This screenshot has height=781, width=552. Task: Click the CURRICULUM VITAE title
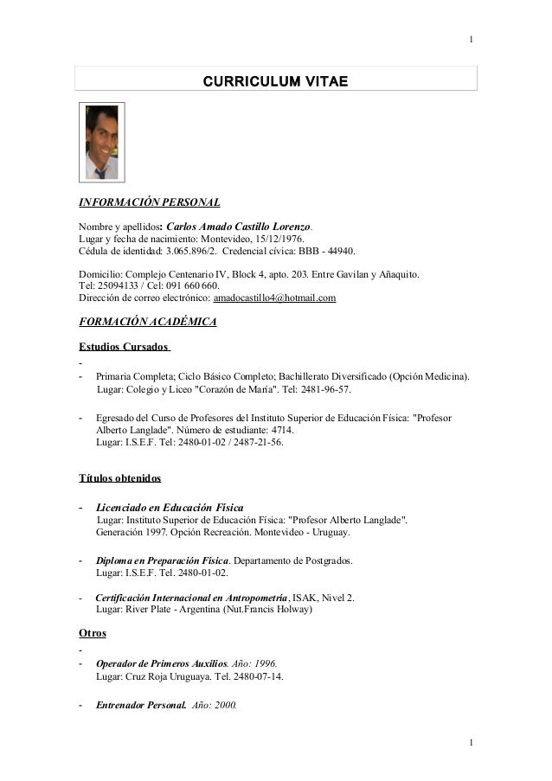(275, 81)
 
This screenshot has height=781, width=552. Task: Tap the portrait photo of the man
(102, 142)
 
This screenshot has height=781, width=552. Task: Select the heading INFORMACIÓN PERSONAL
(149, 202)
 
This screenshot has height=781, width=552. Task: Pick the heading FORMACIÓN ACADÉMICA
(148, 323)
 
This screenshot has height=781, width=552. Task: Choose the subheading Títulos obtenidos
(119, 477)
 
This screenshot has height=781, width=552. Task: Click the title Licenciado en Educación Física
(170, 507)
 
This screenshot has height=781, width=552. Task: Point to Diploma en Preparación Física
(162, 560)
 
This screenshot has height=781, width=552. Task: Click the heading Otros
(93, 633)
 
